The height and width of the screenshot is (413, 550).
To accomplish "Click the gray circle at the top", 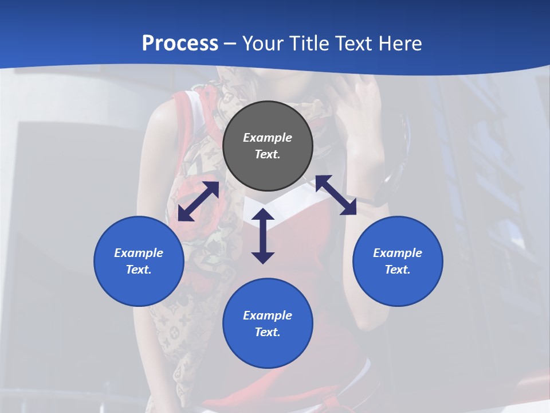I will coord(268,146).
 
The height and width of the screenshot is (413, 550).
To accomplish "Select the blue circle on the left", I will coord(139,261).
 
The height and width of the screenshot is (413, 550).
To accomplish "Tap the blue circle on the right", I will coord(398,261).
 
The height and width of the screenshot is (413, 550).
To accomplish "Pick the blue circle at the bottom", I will coord(268,324).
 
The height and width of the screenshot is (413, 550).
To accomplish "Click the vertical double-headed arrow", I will coord(263,236).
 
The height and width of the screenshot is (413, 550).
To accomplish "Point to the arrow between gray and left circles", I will coord(199,201).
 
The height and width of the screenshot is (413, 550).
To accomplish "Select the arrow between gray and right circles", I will coord(336,195).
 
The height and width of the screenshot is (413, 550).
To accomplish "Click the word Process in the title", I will coord(180,43).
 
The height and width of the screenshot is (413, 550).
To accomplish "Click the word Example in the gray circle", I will coord(268,138).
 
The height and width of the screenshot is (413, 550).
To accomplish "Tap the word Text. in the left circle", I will coord(139,270).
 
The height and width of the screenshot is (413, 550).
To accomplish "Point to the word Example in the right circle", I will coord(398,253).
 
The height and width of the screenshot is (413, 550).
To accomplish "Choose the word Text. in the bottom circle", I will coord(268,332).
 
